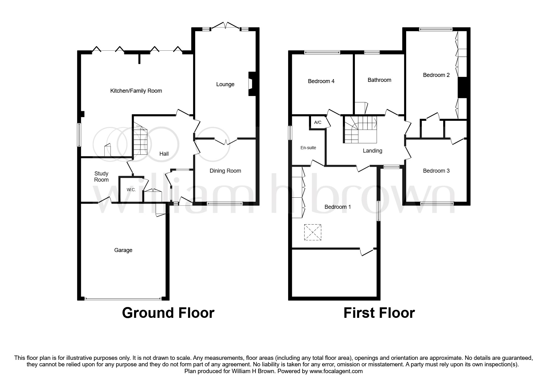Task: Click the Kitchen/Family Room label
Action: click(x=136, y=91)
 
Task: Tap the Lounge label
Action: click(x=225, y=84)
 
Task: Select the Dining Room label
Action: click(x=225, y=171)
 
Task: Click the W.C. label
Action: click(x=131, y=190)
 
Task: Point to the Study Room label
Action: click(x=101, y=177)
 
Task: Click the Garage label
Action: click(x=123, y=250)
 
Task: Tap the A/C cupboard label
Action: click(x=318, y=123)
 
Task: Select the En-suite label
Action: click(x=308, y=148)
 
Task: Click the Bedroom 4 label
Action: click(x=321, y=81)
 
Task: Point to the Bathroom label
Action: click(x=379, y=80)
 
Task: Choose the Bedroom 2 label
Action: click(x=436, y=75)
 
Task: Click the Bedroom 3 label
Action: click(x=436, y=171)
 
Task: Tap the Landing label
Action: click(x=372, y=151)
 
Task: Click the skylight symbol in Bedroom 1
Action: click(x=313, y=232)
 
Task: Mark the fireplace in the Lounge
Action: click(x=251, y=84)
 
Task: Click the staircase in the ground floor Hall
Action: click(x=140, y=141)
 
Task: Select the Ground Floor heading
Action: click(x=168, y=313)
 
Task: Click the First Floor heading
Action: click(x=379, y=313)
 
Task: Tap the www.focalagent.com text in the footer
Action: click(x=336, y=371)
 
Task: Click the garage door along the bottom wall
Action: click(x=123, y=299)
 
